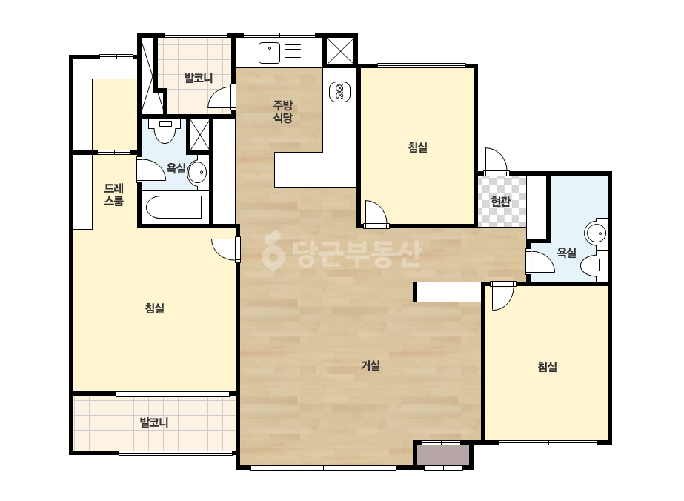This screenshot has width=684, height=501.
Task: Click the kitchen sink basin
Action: click(269, 53)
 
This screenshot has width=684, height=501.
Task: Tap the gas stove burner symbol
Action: click(340, 92)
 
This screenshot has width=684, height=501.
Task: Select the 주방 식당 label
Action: click(282, 111)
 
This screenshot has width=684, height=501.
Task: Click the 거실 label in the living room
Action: click(371, 365)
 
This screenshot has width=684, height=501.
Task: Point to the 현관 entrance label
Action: click(500, 201)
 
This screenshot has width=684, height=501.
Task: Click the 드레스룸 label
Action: click(114, 195)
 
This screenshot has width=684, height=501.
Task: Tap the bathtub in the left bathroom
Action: click(173, 208)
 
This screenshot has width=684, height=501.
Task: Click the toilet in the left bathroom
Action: click(165, 130)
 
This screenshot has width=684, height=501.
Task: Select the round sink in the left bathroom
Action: click(197, 173)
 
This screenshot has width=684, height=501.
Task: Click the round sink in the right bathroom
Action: click(597, 233)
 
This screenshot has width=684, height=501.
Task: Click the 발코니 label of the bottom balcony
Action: click(153, 422)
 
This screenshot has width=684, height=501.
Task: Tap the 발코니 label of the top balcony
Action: click(199, 78)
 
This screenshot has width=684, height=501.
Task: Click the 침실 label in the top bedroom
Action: click(417, 147)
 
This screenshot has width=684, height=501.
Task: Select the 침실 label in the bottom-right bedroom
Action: click(547, 367)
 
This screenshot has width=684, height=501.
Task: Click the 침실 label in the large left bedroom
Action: click(154, 308)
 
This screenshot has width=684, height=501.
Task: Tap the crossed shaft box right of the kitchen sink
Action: click(340, 51)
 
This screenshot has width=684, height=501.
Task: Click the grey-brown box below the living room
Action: click(442, 455)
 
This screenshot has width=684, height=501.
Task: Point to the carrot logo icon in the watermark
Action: click(273, 250)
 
